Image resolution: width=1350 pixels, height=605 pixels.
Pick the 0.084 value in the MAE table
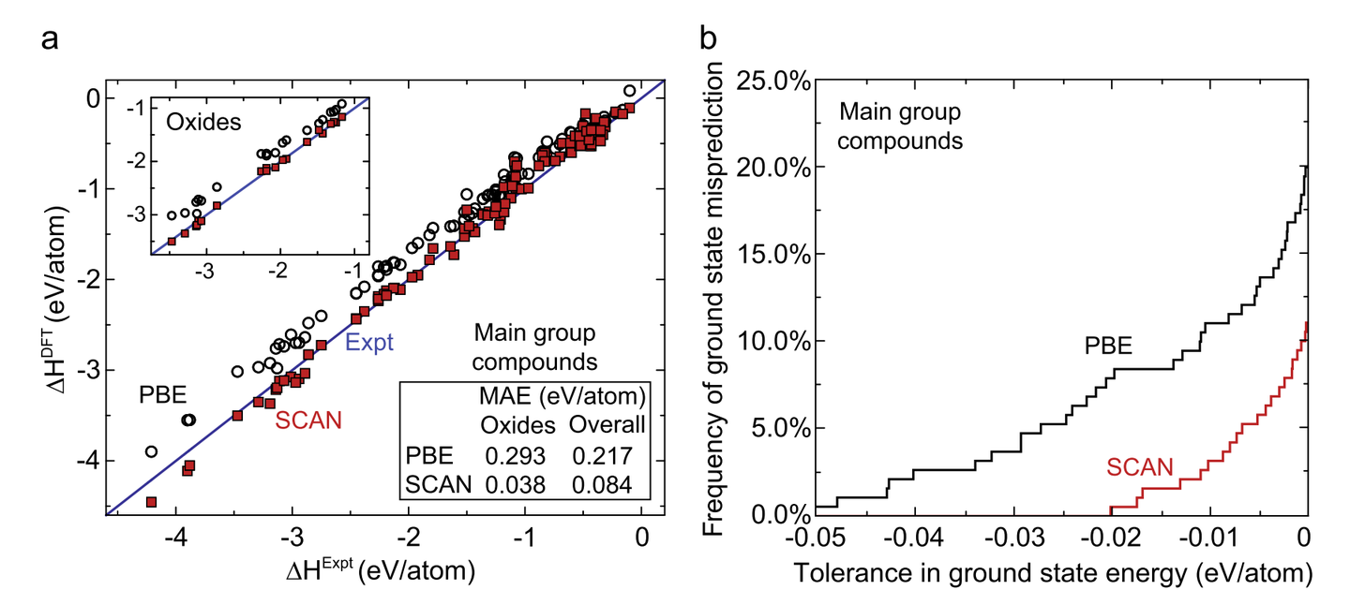click(607, 484)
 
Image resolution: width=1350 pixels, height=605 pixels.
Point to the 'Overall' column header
click(607, 425)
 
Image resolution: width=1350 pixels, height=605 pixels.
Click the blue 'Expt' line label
click(369, 342)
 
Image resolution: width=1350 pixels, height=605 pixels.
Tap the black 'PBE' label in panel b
click(1109, 346)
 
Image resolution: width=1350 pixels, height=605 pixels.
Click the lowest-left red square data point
click(151, 502)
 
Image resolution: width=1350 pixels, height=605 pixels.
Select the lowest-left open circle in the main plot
click(151, 451)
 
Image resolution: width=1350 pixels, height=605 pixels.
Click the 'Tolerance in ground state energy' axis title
click(1050, 573)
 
